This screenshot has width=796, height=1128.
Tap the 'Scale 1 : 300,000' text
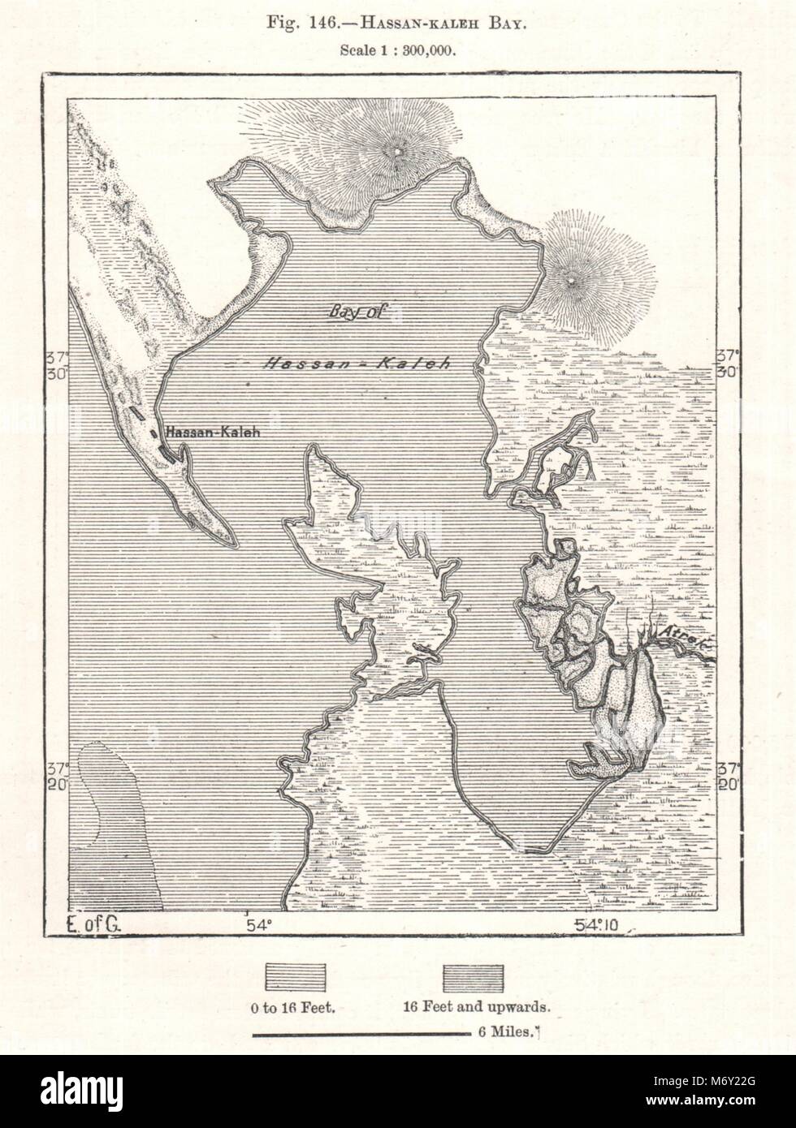tap(397, 49)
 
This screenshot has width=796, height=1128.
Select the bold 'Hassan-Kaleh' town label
tap(212, 433)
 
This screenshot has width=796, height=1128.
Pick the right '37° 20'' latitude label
tap(725, 776)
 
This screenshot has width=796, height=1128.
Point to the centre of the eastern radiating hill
tap(573, 279)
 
